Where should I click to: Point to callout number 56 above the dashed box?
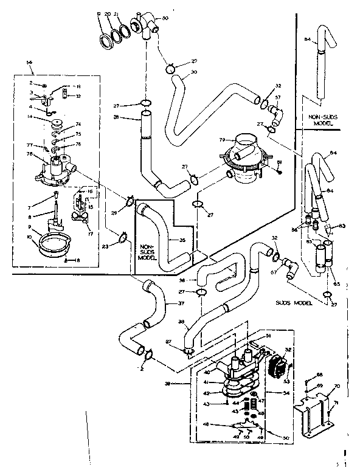[29, 63]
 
